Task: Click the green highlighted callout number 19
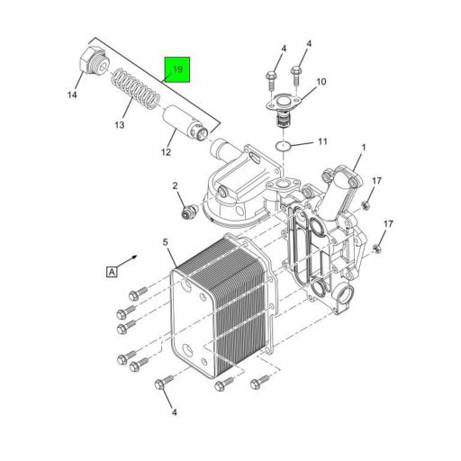pos(177,69)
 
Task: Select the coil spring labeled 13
pos(135,88)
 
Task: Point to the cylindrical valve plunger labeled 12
pos(185,124)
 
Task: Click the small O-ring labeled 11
pos(283,146)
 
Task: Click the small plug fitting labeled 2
pos(189,212)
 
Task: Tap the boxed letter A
pos(112,272)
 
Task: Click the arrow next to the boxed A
pos(125,261)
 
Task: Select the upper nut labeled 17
pos(366,205)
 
